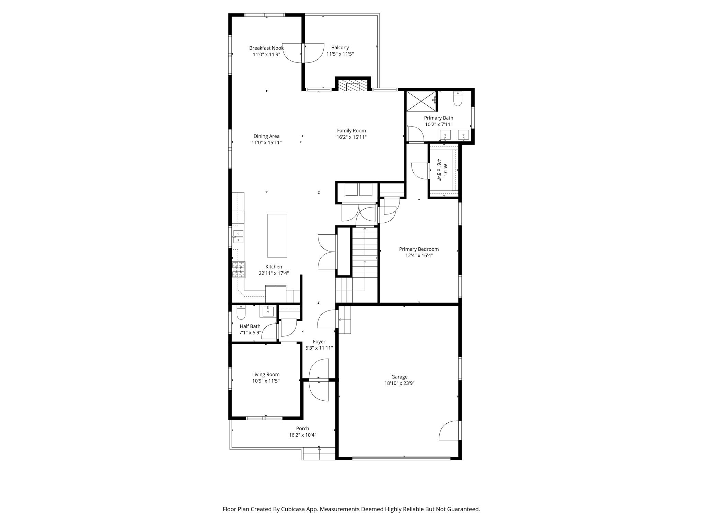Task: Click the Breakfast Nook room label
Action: pyautogui.click(x=266, y=48)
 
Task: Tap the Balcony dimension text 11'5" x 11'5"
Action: pyautogui.click(x=340, y=54)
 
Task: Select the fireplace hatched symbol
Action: pyautogui.click(x=353, y=85)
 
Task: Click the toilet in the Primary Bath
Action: pyautogui.click(x=458, y=99)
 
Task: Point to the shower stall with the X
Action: pyautogui.click(x=421, y=101)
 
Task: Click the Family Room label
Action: pyautogui.click(x=351, y=130)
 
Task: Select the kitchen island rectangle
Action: pyautogui.click(x=277, y=236)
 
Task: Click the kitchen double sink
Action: pyautogui.click(x=238, y=237)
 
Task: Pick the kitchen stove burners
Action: pyautogui.click(x=239, y=269)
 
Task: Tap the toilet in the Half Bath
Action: pyautogui.click(x=241, y=313)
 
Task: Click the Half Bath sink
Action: pyautogui.click(x=268, y=312)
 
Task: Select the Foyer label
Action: pyautogui.click(x=319, y=342)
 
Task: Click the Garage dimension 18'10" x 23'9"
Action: pyautogui.click(x=399, y=383)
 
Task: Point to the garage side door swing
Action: pyautogui.click(x=449, y=431)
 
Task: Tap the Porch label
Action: pyautogui.click(x=302, y=429)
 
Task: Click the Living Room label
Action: pyautogui.click(x=266, y=374)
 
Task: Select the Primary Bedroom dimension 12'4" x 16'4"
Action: pyautogui.click(x=419, y=255)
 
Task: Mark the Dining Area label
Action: pyautogui.click(x=266, y=136)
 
